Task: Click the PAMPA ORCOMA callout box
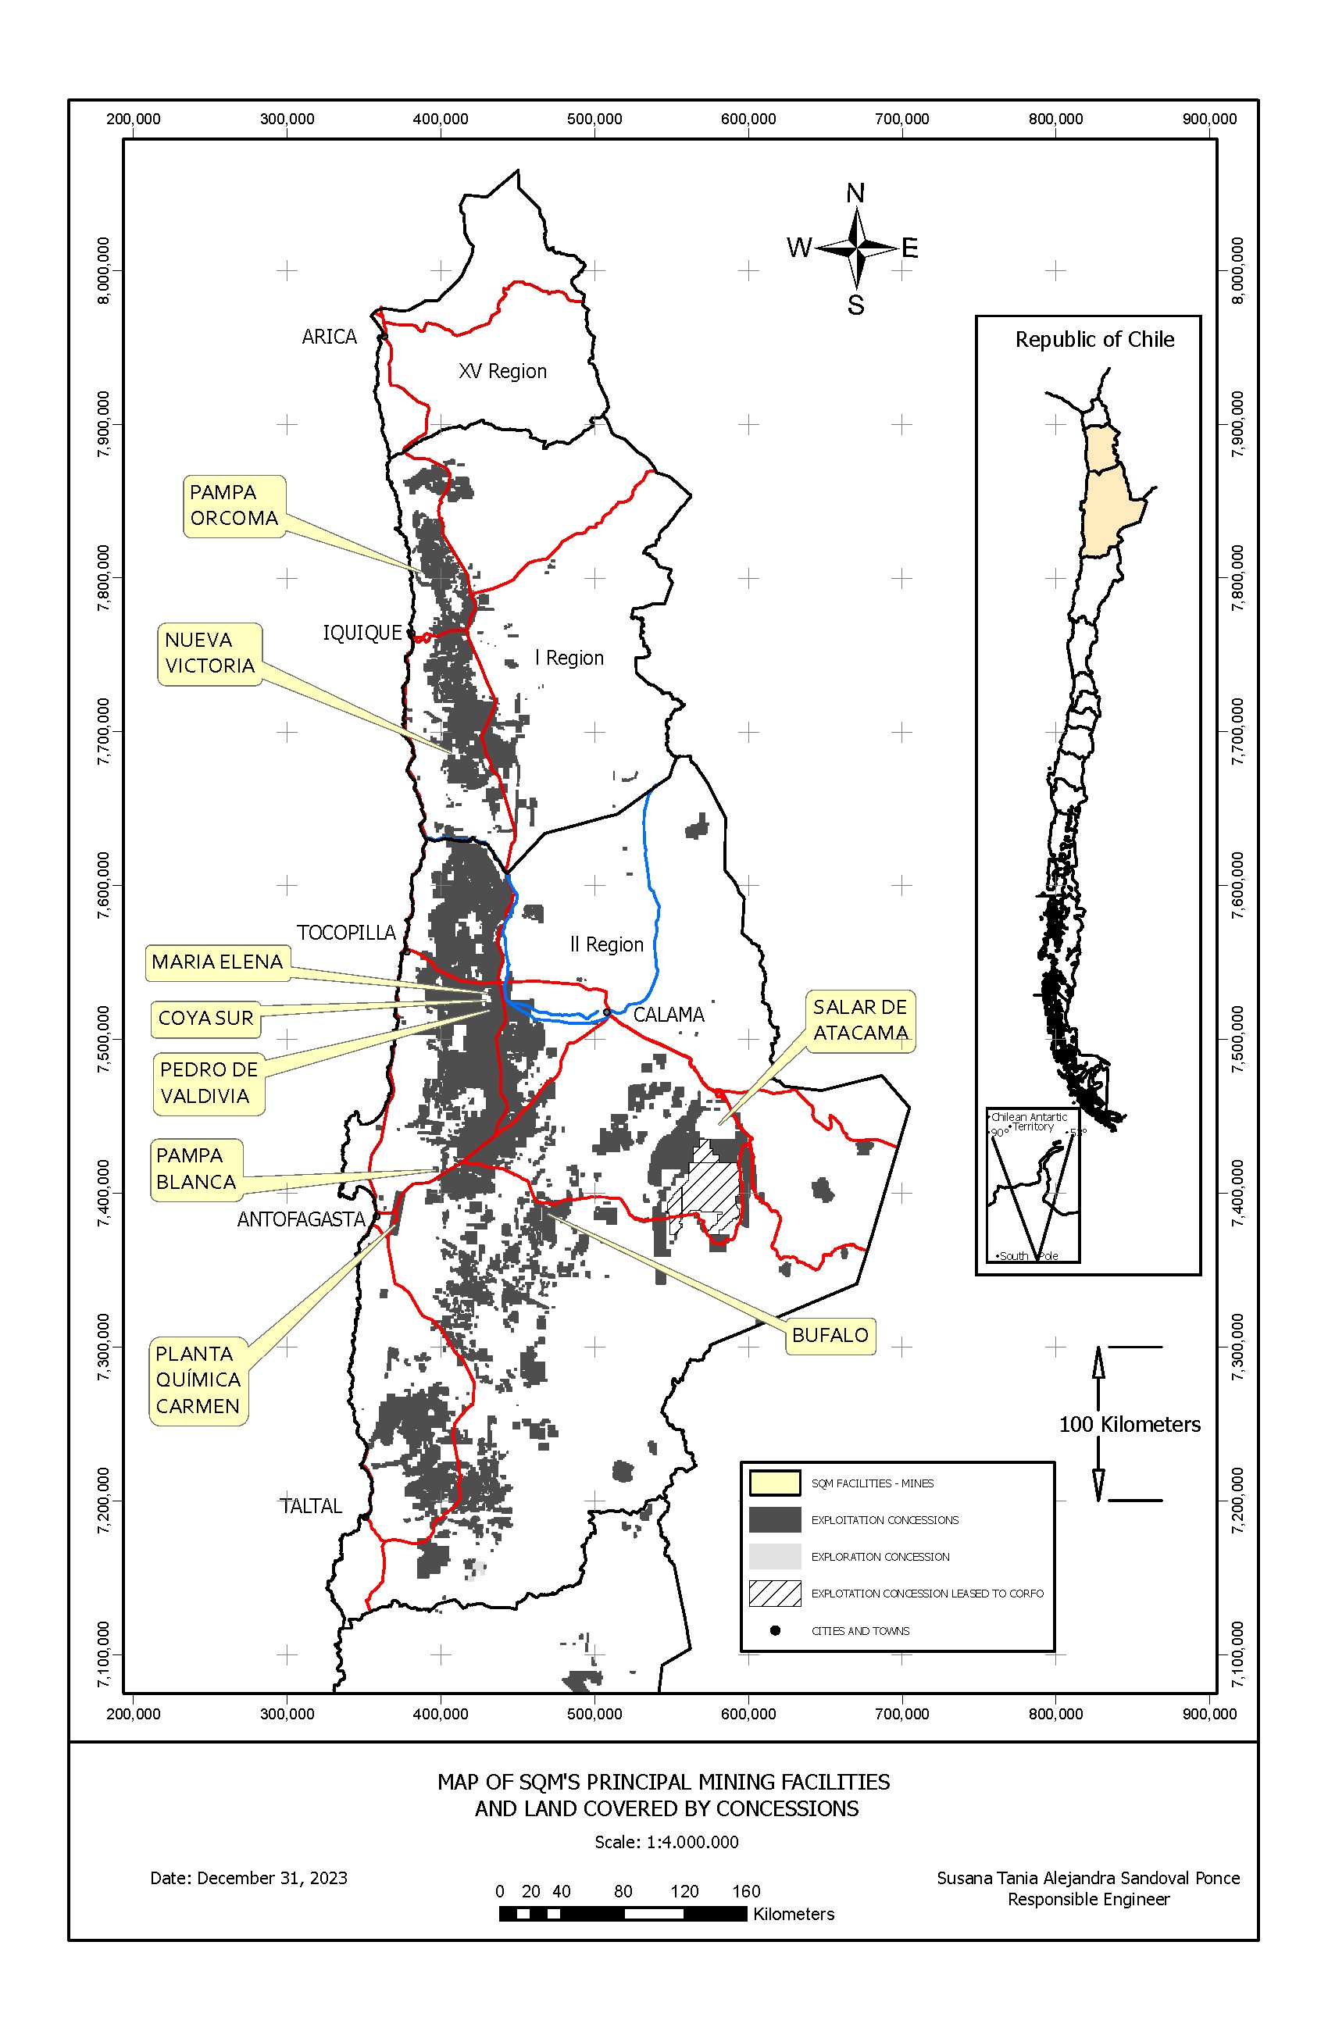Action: [233, 505]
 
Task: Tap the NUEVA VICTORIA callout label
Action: [209, 653]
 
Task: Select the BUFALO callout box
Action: [829, 1335]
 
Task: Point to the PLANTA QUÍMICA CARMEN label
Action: [198, 1380]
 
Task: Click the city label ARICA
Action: [329, 337]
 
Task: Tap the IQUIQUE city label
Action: [362, 632]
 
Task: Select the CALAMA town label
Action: [668, 1015]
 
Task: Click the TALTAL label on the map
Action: [311, 1506]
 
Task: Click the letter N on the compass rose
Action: [855, 194]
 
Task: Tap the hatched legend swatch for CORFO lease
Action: [774, 1594]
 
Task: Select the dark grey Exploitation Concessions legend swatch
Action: [774, 1520]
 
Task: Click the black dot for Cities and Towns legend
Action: [774, 1630]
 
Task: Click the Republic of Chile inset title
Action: [1094, 340]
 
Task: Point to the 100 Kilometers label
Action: [1128, 1424]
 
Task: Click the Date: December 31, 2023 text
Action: [248, 1877]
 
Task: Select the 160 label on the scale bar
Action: [745, 1891]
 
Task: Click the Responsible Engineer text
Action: [1087, 1899]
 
